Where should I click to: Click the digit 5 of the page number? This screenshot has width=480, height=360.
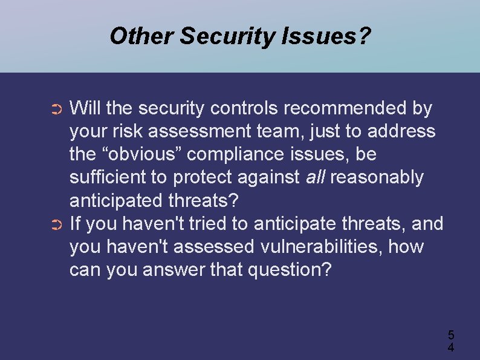pyautogui.click(x=450, y=335)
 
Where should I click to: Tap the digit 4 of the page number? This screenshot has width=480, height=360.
pyautogui.click(x=450, y=347)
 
